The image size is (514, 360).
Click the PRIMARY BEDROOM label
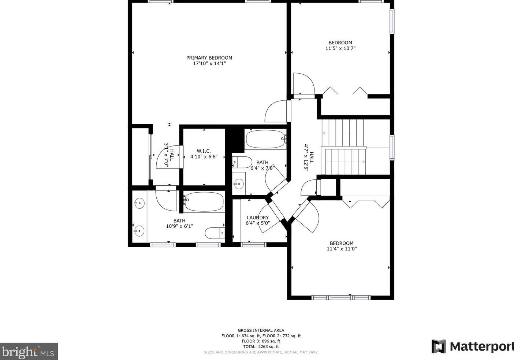click(209, 58)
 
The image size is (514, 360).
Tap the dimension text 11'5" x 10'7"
click(340, 48)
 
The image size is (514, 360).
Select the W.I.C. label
click(204, 151)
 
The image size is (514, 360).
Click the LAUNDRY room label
click(258, 218)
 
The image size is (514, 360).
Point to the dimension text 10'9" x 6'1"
click(179, 226)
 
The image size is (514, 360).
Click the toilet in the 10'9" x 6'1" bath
click(215, 233)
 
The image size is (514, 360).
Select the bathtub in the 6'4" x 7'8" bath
click(266, 140)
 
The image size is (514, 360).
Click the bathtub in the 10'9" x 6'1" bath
click(204, 202)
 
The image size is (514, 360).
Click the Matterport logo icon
click(439, 346)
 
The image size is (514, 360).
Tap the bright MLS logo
click(29, 351)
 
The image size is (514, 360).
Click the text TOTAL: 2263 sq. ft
click(261, 346)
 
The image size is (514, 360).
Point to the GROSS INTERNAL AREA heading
click(261, 330)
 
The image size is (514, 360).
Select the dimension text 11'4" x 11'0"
click(342, 249)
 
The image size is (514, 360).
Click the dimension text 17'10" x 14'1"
click(209, 64)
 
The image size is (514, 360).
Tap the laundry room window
click(254, 245)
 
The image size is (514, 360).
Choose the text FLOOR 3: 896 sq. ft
click(261, 341)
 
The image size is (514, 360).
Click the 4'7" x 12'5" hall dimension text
click(306, 158)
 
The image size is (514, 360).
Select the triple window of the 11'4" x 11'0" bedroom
click(341, 298)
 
